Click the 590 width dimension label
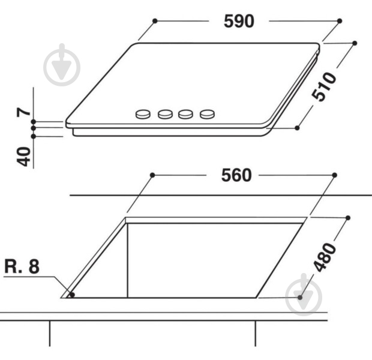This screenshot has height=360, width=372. point(239,22)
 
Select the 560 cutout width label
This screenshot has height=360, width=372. point(237,176)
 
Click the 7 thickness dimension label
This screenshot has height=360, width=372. point(22,112)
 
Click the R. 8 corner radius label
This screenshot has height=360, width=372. point(22,266)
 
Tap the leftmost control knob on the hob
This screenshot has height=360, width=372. point(143,113)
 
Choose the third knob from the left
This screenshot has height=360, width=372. point(186,113)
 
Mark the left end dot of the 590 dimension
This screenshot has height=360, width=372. point(155,20)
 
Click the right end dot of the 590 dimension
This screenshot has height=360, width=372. point(340,20)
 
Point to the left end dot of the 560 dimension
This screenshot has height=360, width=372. point(152,175)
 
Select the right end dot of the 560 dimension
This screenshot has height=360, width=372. point(333,175)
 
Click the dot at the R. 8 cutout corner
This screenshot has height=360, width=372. point(72,294)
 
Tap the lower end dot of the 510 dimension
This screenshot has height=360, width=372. point(298,128)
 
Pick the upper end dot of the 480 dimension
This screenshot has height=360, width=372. point(348,217)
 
